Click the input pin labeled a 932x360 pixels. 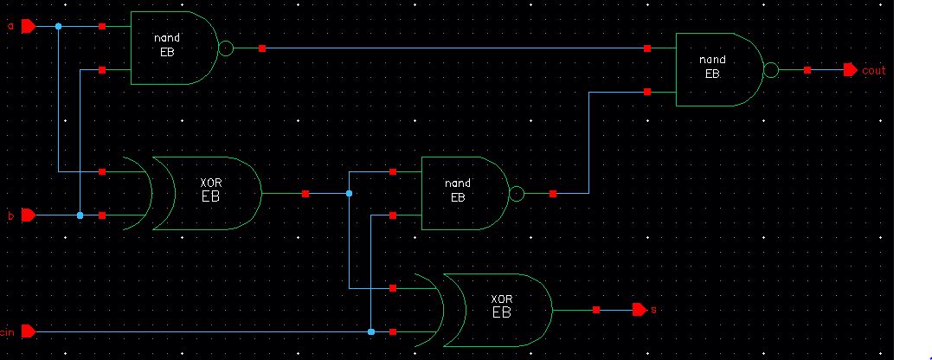[27, 26]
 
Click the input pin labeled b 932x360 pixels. [27, 215]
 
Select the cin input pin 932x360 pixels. [27, 331]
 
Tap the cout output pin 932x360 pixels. [850, 69]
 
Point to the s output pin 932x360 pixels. [640, 309]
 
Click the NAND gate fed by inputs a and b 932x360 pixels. [173, 48]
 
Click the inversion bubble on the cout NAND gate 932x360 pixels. [772, 69]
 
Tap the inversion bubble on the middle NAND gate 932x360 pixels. [517, 194]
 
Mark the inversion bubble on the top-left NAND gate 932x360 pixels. [227, 48]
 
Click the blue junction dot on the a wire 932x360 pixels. [58, 26]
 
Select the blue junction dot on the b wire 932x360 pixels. [80, 215]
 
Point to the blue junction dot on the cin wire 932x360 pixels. [370, 331]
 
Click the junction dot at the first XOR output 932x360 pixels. [349, 194]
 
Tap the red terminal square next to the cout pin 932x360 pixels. [807, 69]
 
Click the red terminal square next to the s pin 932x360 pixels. [596, 309]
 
